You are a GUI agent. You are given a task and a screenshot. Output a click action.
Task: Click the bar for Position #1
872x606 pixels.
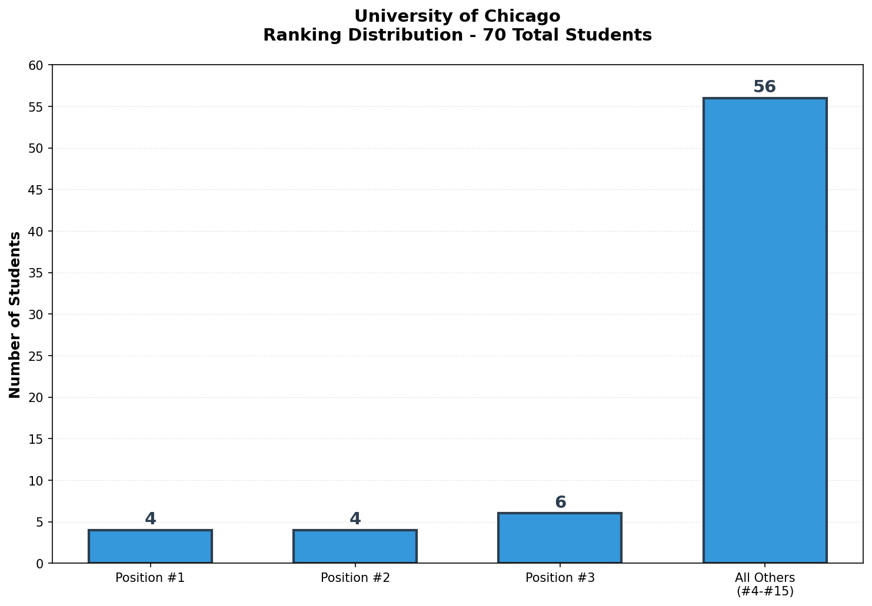point(150,547)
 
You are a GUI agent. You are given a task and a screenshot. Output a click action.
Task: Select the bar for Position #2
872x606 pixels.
point(355,547)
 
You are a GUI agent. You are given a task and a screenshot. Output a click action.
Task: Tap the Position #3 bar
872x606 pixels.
point(560,538)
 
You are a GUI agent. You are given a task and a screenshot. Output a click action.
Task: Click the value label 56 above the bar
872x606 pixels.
point(764,87)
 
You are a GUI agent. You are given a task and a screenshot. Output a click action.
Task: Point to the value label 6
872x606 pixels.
point(560,503)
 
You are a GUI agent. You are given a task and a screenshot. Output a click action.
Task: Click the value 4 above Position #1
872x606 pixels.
point(150,519)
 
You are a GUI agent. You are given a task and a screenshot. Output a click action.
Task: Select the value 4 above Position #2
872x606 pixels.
point(355,519)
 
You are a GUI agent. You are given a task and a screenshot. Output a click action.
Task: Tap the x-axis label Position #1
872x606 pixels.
point(150,578)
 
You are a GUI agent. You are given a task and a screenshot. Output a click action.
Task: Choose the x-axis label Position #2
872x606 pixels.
point(355,578)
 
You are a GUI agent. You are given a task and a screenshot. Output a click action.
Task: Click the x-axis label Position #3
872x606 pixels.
point(560,578)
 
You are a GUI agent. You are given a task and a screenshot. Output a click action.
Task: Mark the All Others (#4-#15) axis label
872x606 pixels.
point(764,584)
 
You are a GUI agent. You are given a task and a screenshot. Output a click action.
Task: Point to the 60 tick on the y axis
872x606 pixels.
point(36,65)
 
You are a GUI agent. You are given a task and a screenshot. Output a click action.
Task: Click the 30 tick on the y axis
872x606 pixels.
point(36,314)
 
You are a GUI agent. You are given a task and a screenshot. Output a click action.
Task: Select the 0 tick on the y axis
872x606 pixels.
point(39,564)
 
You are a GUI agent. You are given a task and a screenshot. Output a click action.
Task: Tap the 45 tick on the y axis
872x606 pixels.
point(36,190)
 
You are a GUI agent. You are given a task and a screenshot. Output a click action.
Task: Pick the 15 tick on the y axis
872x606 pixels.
point(36,439)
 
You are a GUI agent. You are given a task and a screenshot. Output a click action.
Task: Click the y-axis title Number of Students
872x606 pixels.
point(15,314)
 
